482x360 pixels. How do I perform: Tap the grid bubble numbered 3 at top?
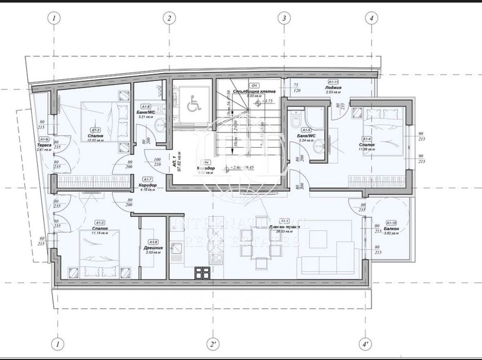click(282, 18)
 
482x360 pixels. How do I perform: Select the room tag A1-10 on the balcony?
click(391, 223)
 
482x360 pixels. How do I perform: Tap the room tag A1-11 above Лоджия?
click(333, 82)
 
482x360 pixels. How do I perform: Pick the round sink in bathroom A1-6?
click(160, 124)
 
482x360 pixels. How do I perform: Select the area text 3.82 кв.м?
click(391, 233)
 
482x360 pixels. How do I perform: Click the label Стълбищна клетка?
click(251, 91)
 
